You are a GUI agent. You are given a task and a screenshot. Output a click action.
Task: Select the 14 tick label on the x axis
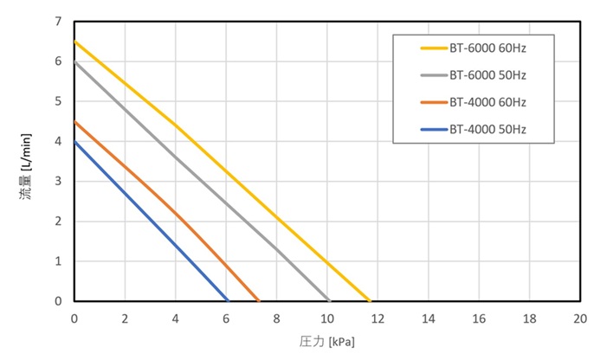(429, 318)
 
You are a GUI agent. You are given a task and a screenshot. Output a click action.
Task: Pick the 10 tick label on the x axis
(327, 318)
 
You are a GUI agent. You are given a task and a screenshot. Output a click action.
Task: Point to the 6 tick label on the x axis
(226, 318)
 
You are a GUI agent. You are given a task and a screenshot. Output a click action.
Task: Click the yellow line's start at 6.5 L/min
(74, 42)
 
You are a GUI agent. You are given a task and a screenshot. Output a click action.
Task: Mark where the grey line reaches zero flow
(330, 301)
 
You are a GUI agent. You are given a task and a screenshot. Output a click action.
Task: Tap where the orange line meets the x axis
(258, 301)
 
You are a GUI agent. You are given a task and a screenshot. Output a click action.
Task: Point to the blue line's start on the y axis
(74, 141)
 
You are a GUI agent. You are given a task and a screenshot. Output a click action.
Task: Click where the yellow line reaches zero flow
(370, 301)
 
